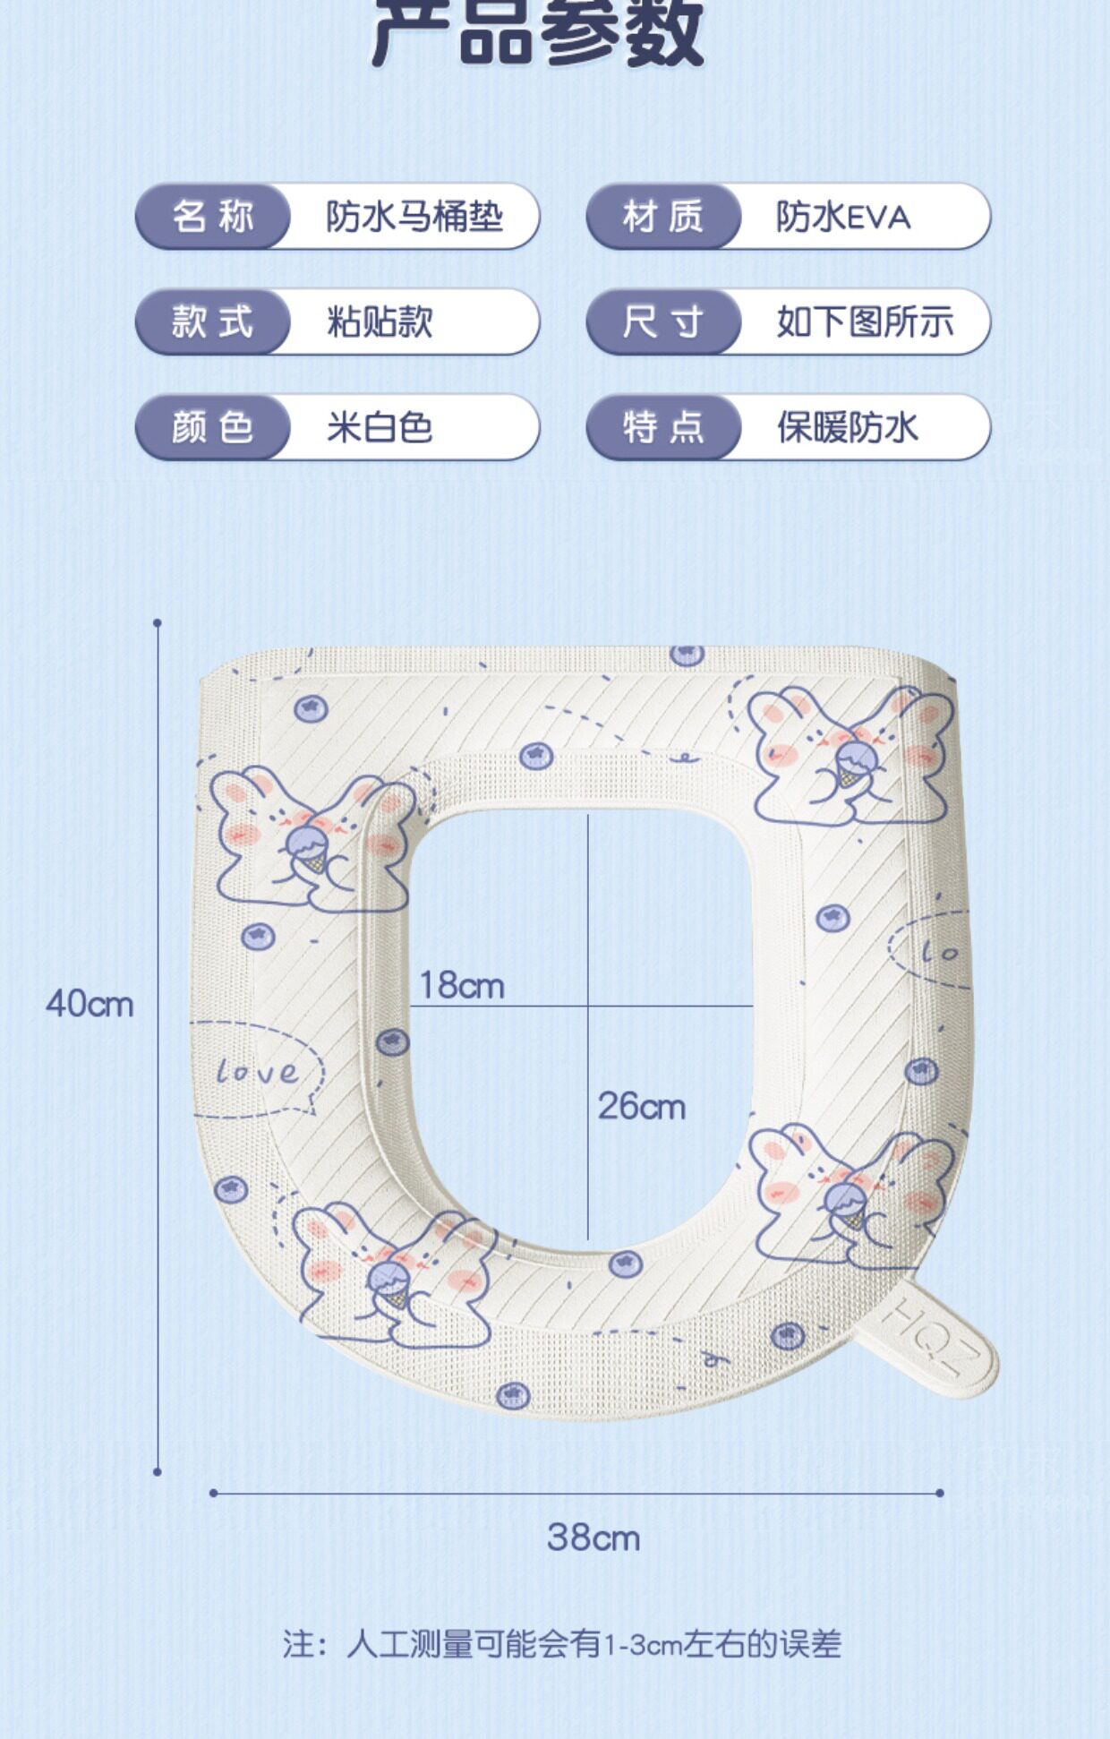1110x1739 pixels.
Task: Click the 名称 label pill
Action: pyautogui.click(x=213, y=217)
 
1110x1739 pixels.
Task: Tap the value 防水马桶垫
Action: pyautogui.click(x=414, y=217)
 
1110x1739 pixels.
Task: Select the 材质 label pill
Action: pyautogui.click(x=663, y=217)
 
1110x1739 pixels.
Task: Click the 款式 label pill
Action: pyautogui.click(x=213, y=322)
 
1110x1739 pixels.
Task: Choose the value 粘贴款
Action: pyautogui.click(x=380, y=322)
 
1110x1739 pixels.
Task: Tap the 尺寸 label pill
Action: pyautogui.click(x=663, y=322)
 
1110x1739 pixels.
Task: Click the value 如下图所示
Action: pyautogui.click(x=865, y=322)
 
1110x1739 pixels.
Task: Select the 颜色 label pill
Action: pyautogui.click(x=213, y=428)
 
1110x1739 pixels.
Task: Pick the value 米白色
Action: pyautogui.click(x=380, y=428)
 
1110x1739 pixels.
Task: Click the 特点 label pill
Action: pyautogui.click(x=663, y=428)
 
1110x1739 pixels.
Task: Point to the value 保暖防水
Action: pyautogui.click(x=847, y=428)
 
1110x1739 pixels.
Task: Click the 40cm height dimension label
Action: pyautogui.click(x=90, y=1004)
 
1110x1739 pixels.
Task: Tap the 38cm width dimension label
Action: pyautogui.click(x=593, y=1538)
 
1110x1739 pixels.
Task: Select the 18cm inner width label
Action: pyautogui.click(x=462, y=986)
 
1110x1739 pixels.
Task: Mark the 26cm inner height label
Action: pyautogui.click(x=641, y=1107)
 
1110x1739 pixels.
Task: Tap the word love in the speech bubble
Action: pyautogui.click(x=258, y=1071)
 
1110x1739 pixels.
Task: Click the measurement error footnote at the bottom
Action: pyautogui.click(x=562, y=1645)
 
